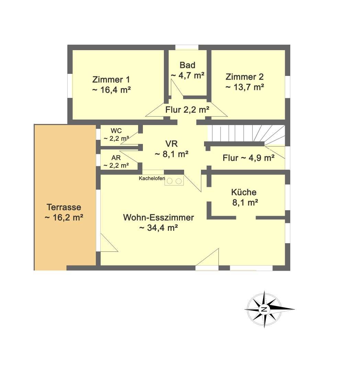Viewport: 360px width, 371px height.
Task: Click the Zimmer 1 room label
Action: coord(111,79)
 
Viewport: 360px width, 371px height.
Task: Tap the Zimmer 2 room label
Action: coord(244,77)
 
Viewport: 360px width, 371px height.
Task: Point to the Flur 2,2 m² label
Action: coord(187,110)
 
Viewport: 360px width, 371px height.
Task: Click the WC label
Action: coord(116,131)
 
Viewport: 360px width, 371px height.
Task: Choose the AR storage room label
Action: coord(116,158)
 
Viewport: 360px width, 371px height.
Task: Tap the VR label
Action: coord(171,144)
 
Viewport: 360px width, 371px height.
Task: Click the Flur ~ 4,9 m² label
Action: coord(248,158)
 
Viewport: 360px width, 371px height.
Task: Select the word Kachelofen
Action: coord(151,178)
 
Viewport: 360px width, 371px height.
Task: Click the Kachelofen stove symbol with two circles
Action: coord(174,181)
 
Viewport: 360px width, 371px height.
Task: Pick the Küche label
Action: coord(244,192)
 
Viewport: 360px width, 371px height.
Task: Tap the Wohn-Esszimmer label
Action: coord(158,217)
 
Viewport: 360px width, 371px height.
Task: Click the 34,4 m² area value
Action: coord(158,228)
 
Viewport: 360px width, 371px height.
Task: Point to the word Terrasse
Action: coord(64,207)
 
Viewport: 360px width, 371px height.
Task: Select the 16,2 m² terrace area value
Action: coord(64,217)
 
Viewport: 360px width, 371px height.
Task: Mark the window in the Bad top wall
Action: coord(187,47)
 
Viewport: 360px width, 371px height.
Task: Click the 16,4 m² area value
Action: coord(111,90)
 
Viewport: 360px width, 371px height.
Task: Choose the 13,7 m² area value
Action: coord(245,87)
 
